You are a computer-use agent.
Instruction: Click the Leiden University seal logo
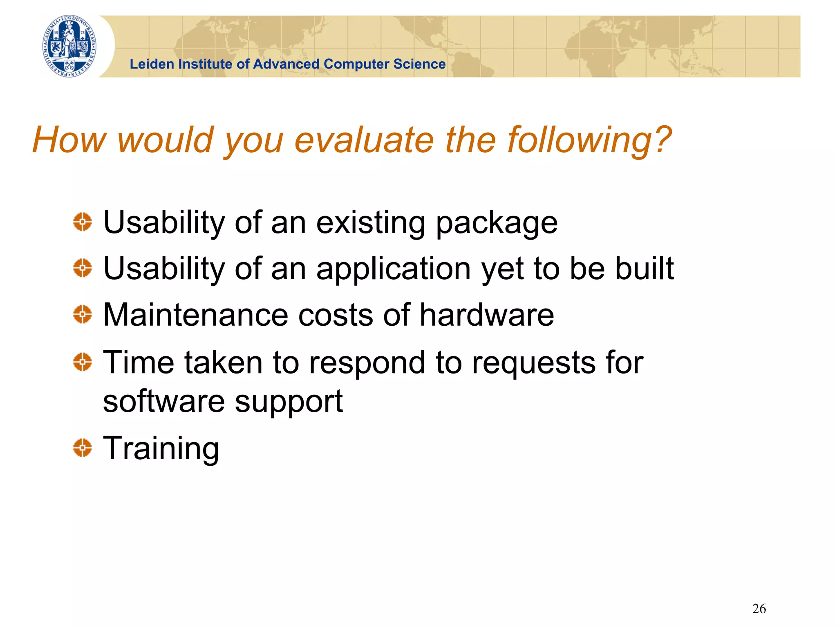point(69,46)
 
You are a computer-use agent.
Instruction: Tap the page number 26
point(759,609)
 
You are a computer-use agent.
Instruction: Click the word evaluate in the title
point(364,140)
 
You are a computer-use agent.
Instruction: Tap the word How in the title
point(69,140)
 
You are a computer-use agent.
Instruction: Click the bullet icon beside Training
point(83,448)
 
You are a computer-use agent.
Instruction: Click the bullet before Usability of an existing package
point(83,222)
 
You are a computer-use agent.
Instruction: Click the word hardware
point(487,315)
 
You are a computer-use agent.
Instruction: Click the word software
point(163,402)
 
